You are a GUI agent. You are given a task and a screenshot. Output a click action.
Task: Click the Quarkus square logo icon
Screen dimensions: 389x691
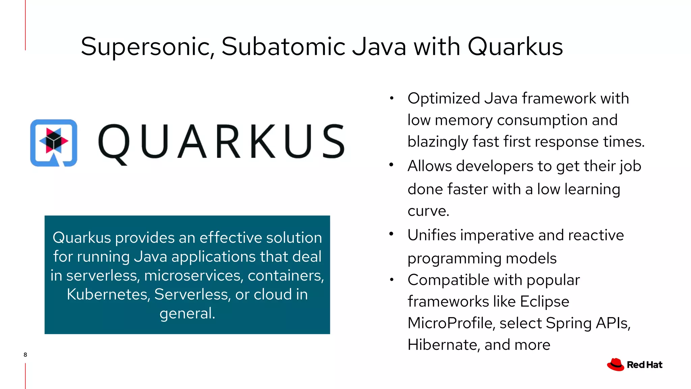54,143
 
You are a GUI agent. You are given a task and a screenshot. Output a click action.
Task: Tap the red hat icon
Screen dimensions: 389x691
615,365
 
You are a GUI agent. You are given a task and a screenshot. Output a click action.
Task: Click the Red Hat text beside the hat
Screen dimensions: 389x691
644,365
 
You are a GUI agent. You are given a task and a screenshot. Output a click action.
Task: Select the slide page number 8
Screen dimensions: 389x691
25,355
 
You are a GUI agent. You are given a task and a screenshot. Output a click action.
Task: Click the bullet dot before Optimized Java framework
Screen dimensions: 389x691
391,98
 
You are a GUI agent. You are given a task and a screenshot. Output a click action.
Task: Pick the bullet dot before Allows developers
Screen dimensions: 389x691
391,165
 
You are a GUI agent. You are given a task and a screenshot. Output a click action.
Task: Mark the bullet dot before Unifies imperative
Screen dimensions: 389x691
391,234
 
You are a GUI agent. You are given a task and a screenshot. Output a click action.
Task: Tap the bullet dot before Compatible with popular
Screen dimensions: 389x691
391,280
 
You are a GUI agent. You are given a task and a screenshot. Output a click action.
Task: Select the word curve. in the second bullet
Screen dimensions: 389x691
428,211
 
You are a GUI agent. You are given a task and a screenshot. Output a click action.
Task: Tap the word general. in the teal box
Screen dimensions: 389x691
187,313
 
